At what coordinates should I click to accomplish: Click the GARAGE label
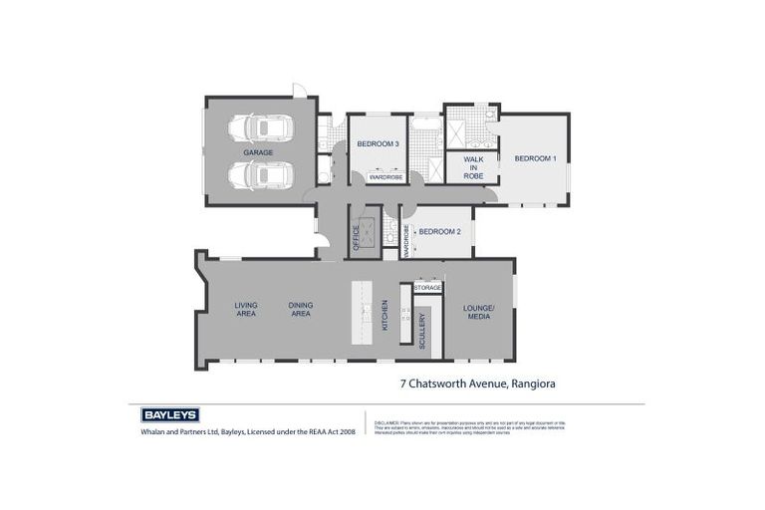[x=258, y=152]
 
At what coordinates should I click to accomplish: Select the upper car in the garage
[x=260, y=128]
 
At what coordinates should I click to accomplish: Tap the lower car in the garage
[x=260, y=175]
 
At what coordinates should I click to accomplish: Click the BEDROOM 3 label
[x=379, y=144]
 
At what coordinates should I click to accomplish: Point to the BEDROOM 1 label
[x=535, y=158]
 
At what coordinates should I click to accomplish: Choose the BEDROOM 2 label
[x=439, y=231]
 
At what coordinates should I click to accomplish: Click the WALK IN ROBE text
[x=472, y=167]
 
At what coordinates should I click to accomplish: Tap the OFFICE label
[x=357, y=236]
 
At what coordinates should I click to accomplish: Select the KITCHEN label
[x=385, y=316]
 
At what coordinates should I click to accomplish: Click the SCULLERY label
[x=422, y=330]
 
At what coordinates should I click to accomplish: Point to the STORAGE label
[x=427, y=287]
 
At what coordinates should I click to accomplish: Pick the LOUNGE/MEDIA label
[x=478, y=312]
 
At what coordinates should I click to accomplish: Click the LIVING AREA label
[x=246, y=310]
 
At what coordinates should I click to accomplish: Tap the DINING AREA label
[x=300, y=310]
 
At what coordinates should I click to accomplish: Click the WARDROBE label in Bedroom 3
[x=384, y=177]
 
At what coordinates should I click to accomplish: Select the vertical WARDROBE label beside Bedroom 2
[x=406, y=240]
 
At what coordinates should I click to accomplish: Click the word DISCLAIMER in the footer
[x=385, y=422]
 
